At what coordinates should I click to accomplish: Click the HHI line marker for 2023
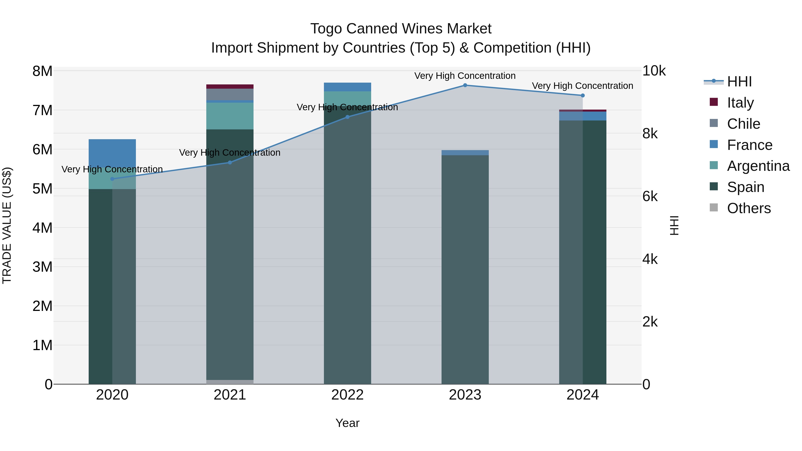tap(465, 85)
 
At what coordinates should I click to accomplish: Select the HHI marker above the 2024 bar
tap(583, 96)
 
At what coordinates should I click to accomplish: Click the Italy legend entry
tap(740, 103)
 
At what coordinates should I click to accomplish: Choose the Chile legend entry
tap(743, 124)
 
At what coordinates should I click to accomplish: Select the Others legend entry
tap(749, 208)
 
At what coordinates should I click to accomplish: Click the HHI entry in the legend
tap(739, 82)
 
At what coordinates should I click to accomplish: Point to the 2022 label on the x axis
tap(348, 395)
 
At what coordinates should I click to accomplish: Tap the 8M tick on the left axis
tap(42, 71)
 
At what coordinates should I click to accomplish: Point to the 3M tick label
tap(42, 267)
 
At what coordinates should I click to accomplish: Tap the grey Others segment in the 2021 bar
tap(230, 382)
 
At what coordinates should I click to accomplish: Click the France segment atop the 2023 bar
tap(465, 153)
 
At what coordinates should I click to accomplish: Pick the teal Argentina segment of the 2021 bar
tap(230, 116)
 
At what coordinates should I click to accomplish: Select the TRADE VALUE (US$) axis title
tap(7, 225)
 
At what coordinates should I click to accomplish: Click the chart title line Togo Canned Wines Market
tap(401, 29)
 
